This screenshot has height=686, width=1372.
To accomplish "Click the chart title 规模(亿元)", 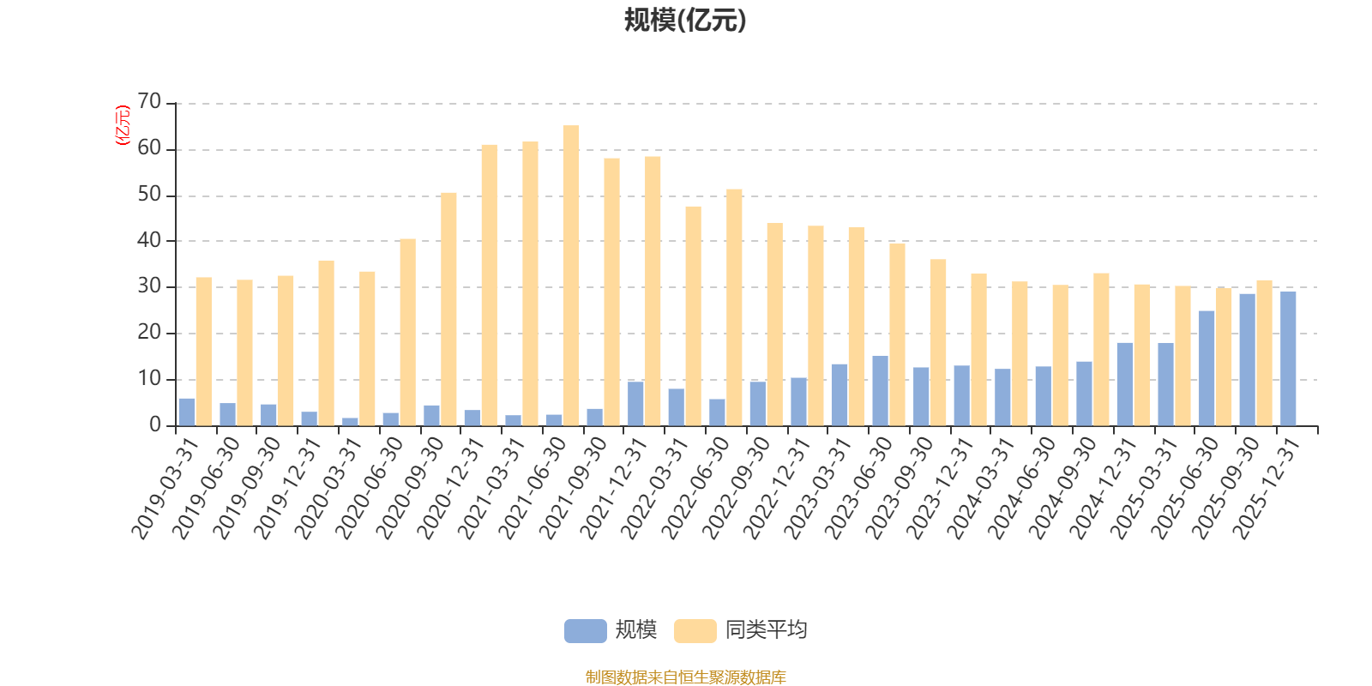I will [x=685, y=21].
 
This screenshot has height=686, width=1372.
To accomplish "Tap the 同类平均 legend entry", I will [x=742, y=630].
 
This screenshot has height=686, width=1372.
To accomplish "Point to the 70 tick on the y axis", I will [x=149, y=102].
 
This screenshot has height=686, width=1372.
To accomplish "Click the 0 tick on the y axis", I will [x=155, y=424].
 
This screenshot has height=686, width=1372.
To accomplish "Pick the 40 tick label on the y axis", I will [x=149, y=241].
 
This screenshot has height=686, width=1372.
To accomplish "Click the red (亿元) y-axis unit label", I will [x=123, y=125].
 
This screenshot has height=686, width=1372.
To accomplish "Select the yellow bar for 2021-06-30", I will [x=571, y=275].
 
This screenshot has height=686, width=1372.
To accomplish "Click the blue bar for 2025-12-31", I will [x=1288, y=358].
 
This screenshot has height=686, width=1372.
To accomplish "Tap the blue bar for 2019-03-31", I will [x=187, y=412].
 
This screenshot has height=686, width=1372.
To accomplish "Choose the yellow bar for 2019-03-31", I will [x=204, y=352].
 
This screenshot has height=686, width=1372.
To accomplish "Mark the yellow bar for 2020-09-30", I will [x=448, y=309].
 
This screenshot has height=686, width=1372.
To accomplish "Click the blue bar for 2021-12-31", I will [x=635, y=403].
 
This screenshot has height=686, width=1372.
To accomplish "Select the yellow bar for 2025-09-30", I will [x=1264, y=352].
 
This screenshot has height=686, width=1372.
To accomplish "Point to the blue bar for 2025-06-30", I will [x=1207, y=368].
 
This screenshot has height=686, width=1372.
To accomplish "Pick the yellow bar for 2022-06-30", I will [x=734, y=307].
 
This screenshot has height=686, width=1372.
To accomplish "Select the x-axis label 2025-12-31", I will [x=1267, y=487].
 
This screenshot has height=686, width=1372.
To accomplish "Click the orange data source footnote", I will [x=685, y=677].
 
